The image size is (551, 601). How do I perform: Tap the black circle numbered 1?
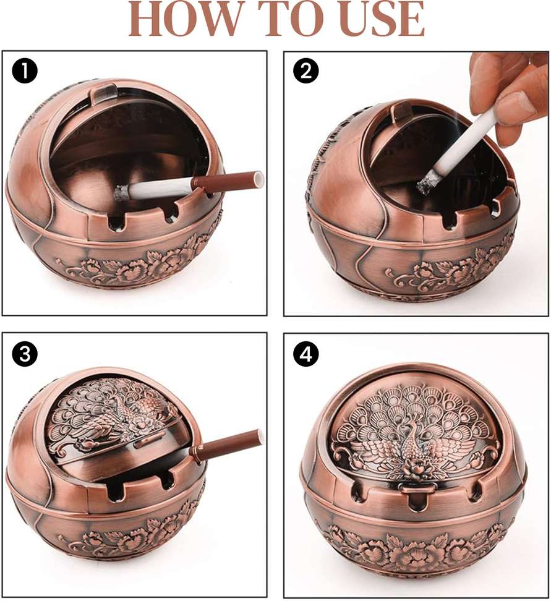tap(25, 71)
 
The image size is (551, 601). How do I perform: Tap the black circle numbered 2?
tap(306, 71)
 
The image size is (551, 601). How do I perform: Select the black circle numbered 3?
tap(25, 353)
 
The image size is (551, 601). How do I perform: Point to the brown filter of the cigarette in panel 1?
tap(228, 181)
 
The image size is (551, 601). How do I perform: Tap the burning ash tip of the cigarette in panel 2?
tap(425, 185)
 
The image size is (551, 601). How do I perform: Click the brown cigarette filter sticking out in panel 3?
tap(227, 442)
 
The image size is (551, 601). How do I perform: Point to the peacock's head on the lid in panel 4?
tap(409, 424)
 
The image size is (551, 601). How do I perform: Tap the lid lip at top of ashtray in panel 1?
tap(105, 91)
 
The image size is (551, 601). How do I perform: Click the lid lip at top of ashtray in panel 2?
tap(402, 109)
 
